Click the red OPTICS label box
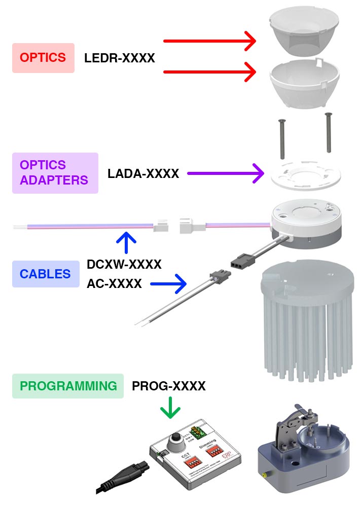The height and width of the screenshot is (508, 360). [x=43, y=58]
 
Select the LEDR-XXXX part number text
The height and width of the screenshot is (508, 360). [x=120, y=58]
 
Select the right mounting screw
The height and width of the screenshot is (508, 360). [x=328, y=132]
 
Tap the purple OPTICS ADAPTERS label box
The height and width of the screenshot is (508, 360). [x=55, y=173]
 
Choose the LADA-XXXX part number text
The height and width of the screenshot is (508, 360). [x=143, y=174]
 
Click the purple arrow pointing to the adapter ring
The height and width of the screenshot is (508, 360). [x=225, y=174]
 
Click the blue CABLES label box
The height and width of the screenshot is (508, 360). [x=46, y=274]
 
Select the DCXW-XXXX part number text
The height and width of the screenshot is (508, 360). [x=124, y=264]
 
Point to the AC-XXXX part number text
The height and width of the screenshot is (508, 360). [x=115, y=284]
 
